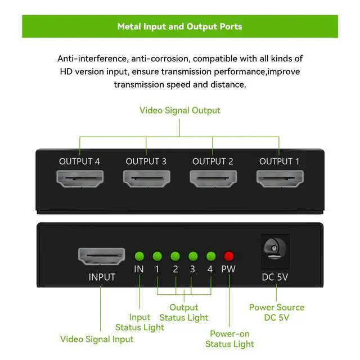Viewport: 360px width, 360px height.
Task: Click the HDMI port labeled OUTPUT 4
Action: pos(79,179)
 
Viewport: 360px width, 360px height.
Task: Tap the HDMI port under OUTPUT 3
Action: pos(146,179)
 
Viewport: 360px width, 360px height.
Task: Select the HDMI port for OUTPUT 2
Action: pos(212,179)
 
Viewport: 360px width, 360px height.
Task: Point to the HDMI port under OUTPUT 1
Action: pos(279,179)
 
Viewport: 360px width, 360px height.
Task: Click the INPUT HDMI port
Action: pos(101,256)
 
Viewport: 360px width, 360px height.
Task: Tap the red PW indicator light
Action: pos(228,255)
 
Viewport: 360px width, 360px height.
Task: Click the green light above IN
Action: pos(139,255)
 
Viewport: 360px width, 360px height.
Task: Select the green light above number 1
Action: pos(157,255)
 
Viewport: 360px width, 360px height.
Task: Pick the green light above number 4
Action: pos(210,255)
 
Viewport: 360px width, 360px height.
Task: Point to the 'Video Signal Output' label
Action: pos(180,110)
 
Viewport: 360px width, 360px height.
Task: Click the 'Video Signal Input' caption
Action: pos(97,339)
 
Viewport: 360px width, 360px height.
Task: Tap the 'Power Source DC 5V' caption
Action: pos(277,312)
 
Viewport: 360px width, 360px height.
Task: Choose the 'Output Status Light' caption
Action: pos(184,312)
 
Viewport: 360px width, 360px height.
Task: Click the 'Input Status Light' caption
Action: pos(139,322)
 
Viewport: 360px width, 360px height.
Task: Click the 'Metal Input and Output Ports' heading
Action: pos(180,26)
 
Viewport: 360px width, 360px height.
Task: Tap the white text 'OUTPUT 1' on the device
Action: pos(279,161)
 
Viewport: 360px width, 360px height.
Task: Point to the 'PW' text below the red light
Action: pos(228,269)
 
